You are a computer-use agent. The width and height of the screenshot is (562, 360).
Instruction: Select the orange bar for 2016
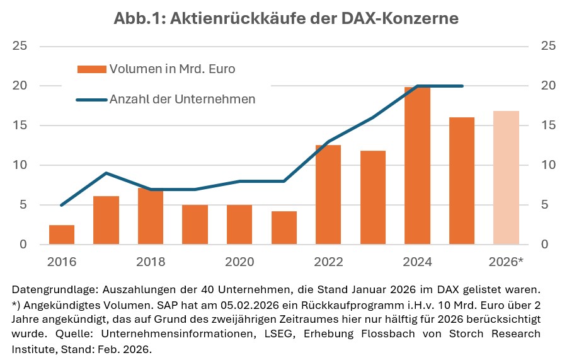click(x=62, y=235)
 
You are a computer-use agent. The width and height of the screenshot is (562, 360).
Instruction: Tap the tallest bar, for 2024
click(x=418, y=166)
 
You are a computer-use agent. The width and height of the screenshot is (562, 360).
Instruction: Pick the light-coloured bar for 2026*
click(x=507, y=178)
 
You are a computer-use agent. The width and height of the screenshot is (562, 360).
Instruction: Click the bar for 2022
click(x=328, y=195)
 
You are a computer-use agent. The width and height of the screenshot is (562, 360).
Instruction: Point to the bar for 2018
click(x=151, y=216)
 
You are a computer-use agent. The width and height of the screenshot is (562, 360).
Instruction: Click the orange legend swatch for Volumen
click(x=91, y=69)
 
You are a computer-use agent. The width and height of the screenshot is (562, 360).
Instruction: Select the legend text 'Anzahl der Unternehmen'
click(x=182, y=99)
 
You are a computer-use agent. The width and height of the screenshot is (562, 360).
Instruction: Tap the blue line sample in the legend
click(x=91, y=99)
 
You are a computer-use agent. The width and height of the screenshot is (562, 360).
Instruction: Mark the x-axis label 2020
click(x=239, y=262)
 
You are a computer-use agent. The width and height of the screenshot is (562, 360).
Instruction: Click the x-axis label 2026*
click(x=507, y=262)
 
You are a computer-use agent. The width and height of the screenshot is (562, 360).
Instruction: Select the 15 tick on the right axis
click(x=548, y=125)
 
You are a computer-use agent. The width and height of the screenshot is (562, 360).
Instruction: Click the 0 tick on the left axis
click(x=23, y=245)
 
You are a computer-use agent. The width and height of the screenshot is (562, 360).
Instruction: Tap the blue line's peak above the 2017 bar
click(x=106, y=173)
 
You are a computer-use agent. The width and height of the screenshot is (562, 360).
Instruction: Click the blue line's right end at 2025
click(x=462, y=86)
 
